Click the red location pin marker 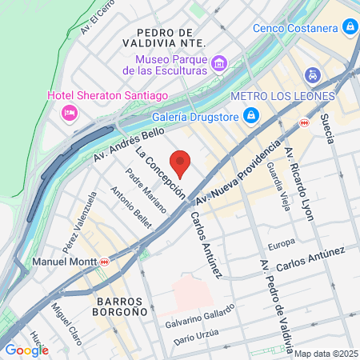point(182,162)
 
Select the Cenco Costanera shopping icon point(350,28)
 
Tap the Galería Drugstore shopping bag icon point(251,114)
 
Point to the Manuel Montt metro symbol point(105,261)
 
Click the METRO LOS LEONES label point(282,96)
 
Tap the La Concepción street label point(160,172)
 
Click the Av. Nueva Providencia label point(236,174)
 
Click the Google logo point(26,350)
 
